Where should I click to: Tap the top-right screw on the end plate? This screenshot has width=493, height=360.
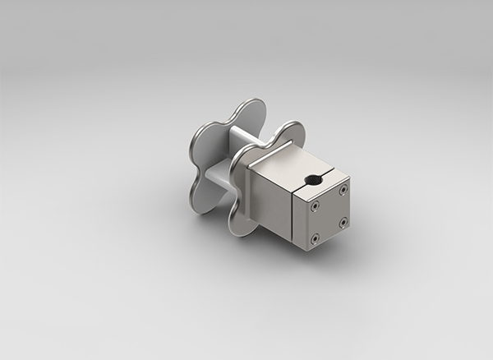(x=343, y=191)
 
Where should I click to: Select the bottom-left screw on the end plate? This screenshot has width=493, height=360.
(x=314, y=239)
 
